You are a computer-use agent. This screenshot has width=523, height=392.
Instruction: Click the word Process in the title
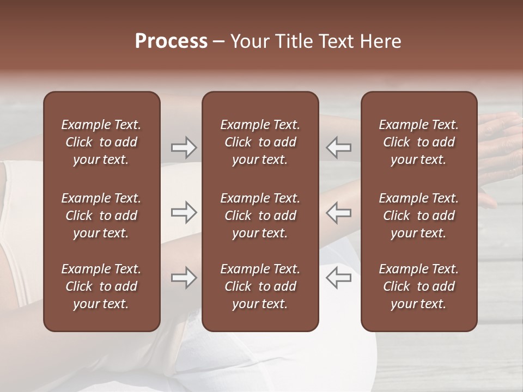[171, 41]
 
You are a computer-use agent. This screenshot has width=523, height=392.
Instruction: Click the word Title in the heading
[295, 41]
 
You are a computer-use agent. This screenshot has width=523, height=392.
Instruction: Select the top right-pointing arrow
[184, 148]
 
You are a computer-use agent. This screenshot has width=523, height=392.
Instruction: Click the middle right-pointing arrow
[184, 212]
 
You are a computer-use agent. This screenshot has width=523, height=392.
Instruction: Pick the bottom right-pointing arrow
[184, 278]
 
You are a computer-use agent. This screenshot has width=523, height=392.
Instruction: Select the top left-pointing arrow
[338, 148]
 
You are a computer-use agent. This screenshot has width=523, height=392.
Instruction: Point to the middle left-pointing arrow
[338, 212]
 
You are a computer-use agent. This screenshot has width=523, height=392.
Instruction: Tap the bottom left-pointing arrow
[338, 278]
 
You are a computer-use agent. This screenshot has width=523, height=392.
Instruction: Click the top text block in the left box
[101, 142]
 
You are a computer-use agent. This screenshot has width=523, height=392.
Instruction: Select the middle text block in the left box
[101, 216]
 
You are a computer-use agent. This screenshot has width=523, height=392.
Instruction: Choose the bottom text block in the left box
[101, 286]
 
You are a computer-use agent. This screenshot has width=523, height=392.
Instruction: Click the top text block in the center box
[260, 142]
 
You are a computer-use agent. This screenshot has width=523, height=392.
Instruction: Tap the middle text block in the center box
[260, 216]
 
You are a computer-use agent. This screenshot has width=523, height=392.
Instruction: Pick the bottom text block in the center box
[260, 286]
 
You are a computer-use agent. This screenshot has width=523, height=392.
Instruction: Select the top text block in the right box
[418, 142]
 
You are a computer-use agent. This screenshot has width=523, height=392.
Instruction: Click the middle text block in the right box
[418, 216]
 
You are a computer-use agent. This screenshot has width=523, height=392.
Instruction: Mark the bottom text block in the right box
[418, 286]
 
